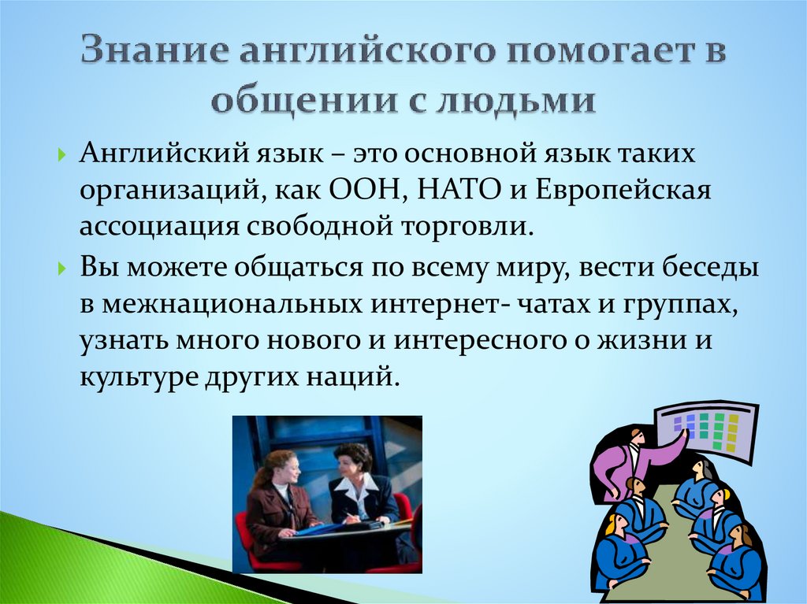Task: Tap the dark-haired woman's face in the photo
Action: (351, 461)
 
